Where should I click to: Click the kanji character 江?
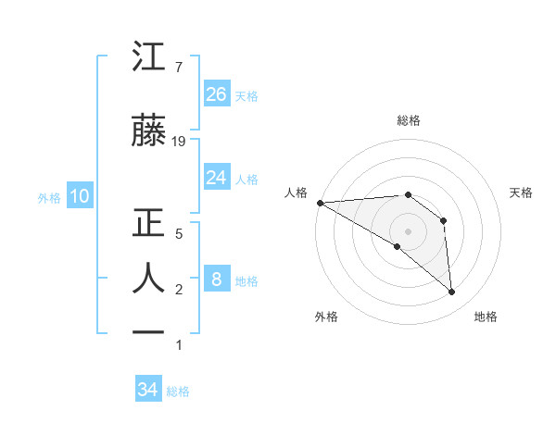pos(149,57)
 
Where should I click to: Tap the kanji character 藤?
pos(149,131)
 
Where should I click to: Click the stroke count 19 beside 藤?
pos(179,142)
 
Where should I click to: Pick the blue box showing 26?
pos(216,94)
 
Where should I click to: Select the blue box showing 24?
pos(216,178)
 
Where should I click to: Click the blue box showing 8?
pos(216,280)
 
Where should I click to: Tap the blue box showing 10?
pos(79,196)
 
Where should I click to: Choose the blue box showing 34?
pos(147,390)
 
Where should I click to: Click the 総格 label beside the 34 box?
pos(178,391)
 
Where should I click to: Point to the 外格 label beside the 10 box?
pos(49,197)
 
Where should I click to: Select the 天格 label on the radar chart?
pos(521,193)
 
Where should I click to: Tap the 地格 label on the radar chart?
pos(486,317)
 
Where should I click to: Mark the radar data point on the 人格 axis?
pos(320,203)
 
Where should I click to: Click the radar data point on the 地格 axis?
pos(451,292)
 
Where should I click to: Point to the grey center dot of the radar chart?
pos(407,230)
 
